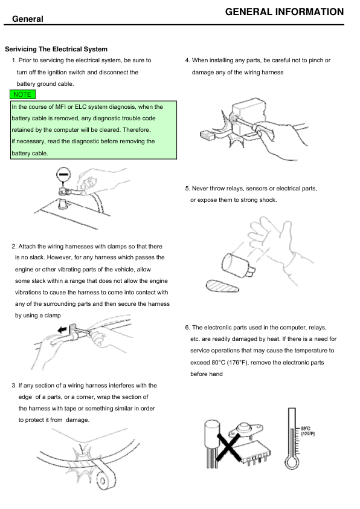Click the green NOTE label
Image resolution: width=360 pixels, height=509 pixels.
pos(22,94)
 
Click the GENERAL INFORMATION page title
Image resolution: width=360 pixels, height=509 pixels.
pos(284,12)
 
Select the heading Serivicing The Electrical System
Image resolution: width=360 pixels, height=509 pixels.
pos(56,50)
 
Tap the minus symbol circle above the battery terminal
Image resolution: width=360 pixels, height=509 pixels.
pos(63,174)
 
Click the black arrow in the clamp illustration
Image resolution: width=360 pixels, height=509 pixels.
pos(62,330)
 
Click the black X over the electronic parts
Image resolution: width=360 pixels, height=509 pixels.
pos(228,446)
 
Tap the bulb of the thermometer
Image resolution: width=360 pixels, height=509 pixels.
pos(292,462)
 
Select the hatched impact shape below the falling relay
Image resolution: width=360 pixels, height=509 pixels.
pos(222,286)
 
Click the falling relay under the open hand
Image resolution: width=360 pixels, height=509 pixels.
pos(238,265)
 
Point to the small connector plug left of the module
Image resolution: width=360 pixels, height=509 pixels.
pos(208,134)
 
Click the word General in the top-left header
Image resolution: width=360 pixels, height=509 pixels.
pos(28,19)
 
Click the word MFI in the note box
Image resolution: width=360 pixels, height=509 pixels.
pos(60,107)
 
